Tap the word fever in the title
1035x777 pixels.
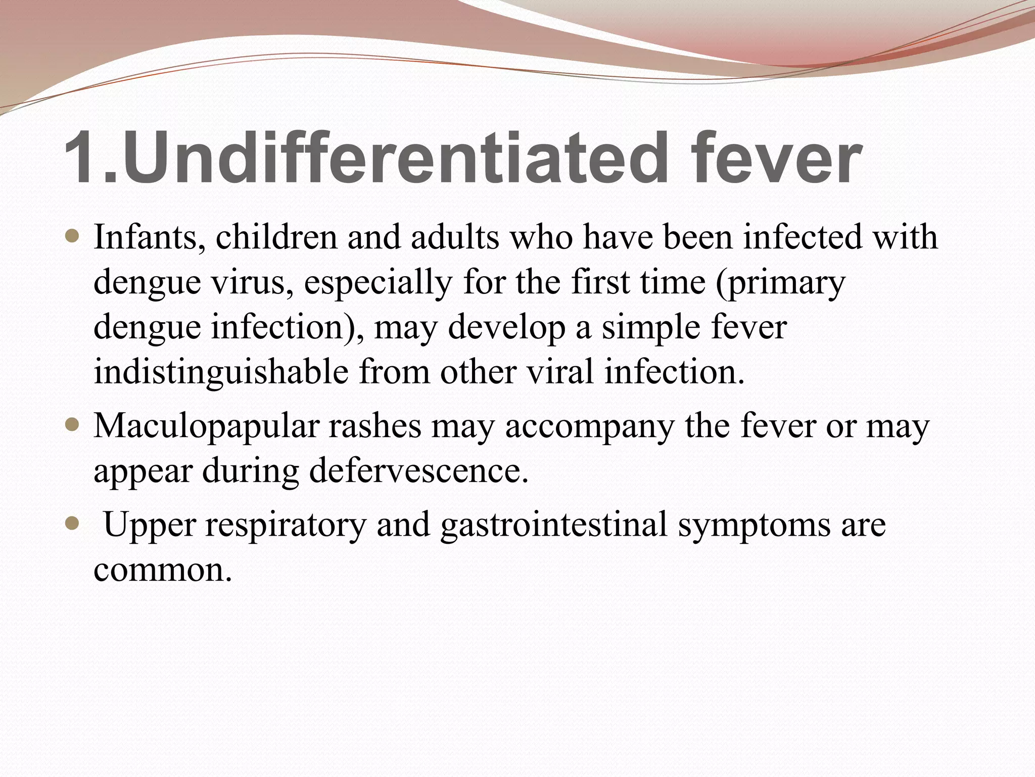tap(776, 158)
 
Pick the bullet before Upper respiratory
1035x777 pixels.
tap(73, 524)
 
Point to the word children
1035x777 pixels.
tap(276, 237)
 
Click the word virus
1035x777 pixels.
tap(252, 282)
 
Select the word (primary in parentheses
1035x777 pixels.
tap(780, 283)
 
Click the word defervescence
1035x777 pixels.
tap(418, 470)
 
